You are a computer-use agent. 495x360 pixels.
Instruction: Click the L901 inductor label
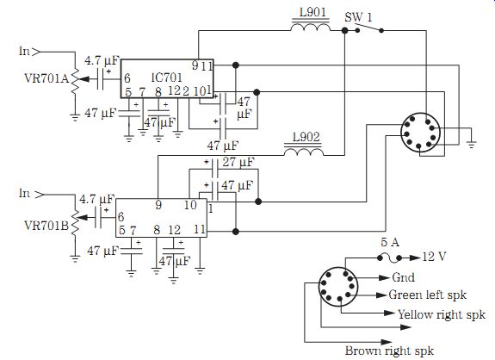pyautogui.click(x=312, y=12)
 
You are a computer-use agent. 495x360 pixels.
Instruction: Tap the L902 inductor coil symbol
pyautogui.click(x=304, y=152)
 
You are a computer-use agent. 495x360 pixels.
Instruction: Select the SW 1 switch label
pyautogui.click(x=359, y=16)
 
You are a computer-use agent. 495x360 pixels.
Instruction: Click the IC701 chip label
pyautogui.click(x=166, y=78)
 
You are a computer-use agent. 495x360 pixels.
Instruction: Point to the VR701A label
pyautogui.click(x=46, y=78)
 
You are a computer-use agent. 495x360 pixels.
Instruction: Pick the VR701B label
pyautogui.click(x=46, y=226)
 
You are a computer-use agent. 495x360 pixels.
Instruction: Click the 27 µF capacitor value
pyautogui.click(x=238, y=162)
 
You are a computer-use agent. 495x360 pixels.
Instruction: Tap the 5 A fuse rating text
pyautogui.click(x=390, y=242)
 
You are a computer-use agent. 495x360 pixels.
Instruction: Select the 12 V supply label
pyautogui.click(x=434, y=257)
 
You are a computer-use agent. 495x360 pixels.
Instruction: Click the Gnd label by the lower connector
pyautogui.click(x=403, y=277)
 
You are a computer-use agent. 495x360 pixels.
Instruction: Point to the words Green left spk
pyautogui.click(x=428, y=295)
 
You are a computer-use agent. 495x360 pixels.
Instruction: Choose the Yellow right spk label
pyautogui.click(x=442, y=314)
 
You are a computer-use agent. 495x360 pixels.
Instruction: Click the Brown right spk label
pyautogui.click(x=389, y=351)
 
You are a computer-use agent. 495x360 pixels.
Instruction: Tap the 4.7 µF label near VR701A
pyautogui.click(x=102, y=60)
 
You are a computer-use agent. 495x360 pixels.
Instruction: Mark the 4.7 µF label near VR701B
pyautogui.click(x=97, y=199)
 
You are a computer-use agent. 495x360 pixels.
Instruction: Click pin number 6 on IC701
pyautogui.click(x=127, y=78)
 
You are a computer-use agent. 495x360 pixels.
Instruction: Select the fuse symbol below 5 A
pyautogui.click(x=389, y=258)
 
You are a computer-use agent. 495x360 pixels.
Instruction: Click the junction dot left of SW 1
pyautogui.click(x=344, y=30)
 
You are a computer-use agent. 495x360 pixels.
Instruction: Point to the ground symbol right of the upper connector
pyautogui.click(x=471, y=144)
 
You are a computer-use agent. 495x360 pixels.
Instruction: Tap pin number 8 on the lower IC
pyautogui.click(x=157, y=230)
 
